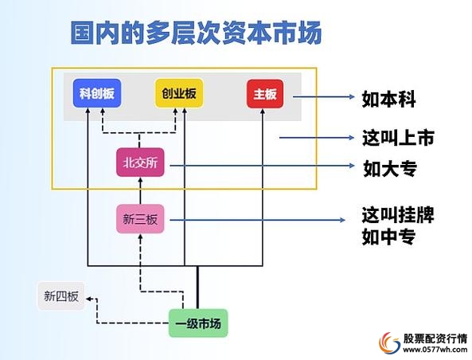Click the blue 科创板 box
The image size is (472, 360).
coord(97,94)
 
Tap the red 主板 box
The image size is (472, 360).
coord(265,94)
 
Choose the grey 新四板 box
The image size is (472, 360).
coord(61,297)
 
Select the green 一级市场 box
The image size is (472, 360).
coord(197,323)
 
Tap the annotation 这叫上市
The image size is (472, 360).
coord(398,138)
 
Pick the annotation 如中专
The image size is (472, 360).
coord(390,237)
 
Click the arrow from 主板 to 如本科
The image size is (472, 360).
coord(322,98)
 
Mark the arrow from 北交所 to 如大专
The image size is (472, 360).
coord(263,166)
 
